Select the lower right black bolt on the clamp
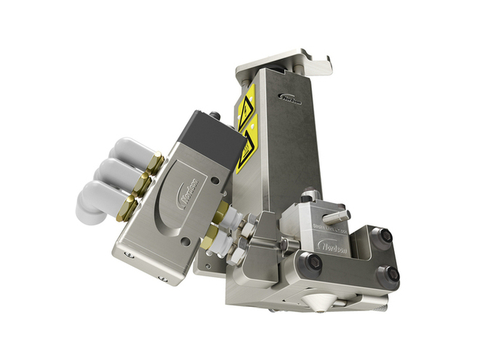393,273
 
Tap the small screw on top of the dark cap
215,115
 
